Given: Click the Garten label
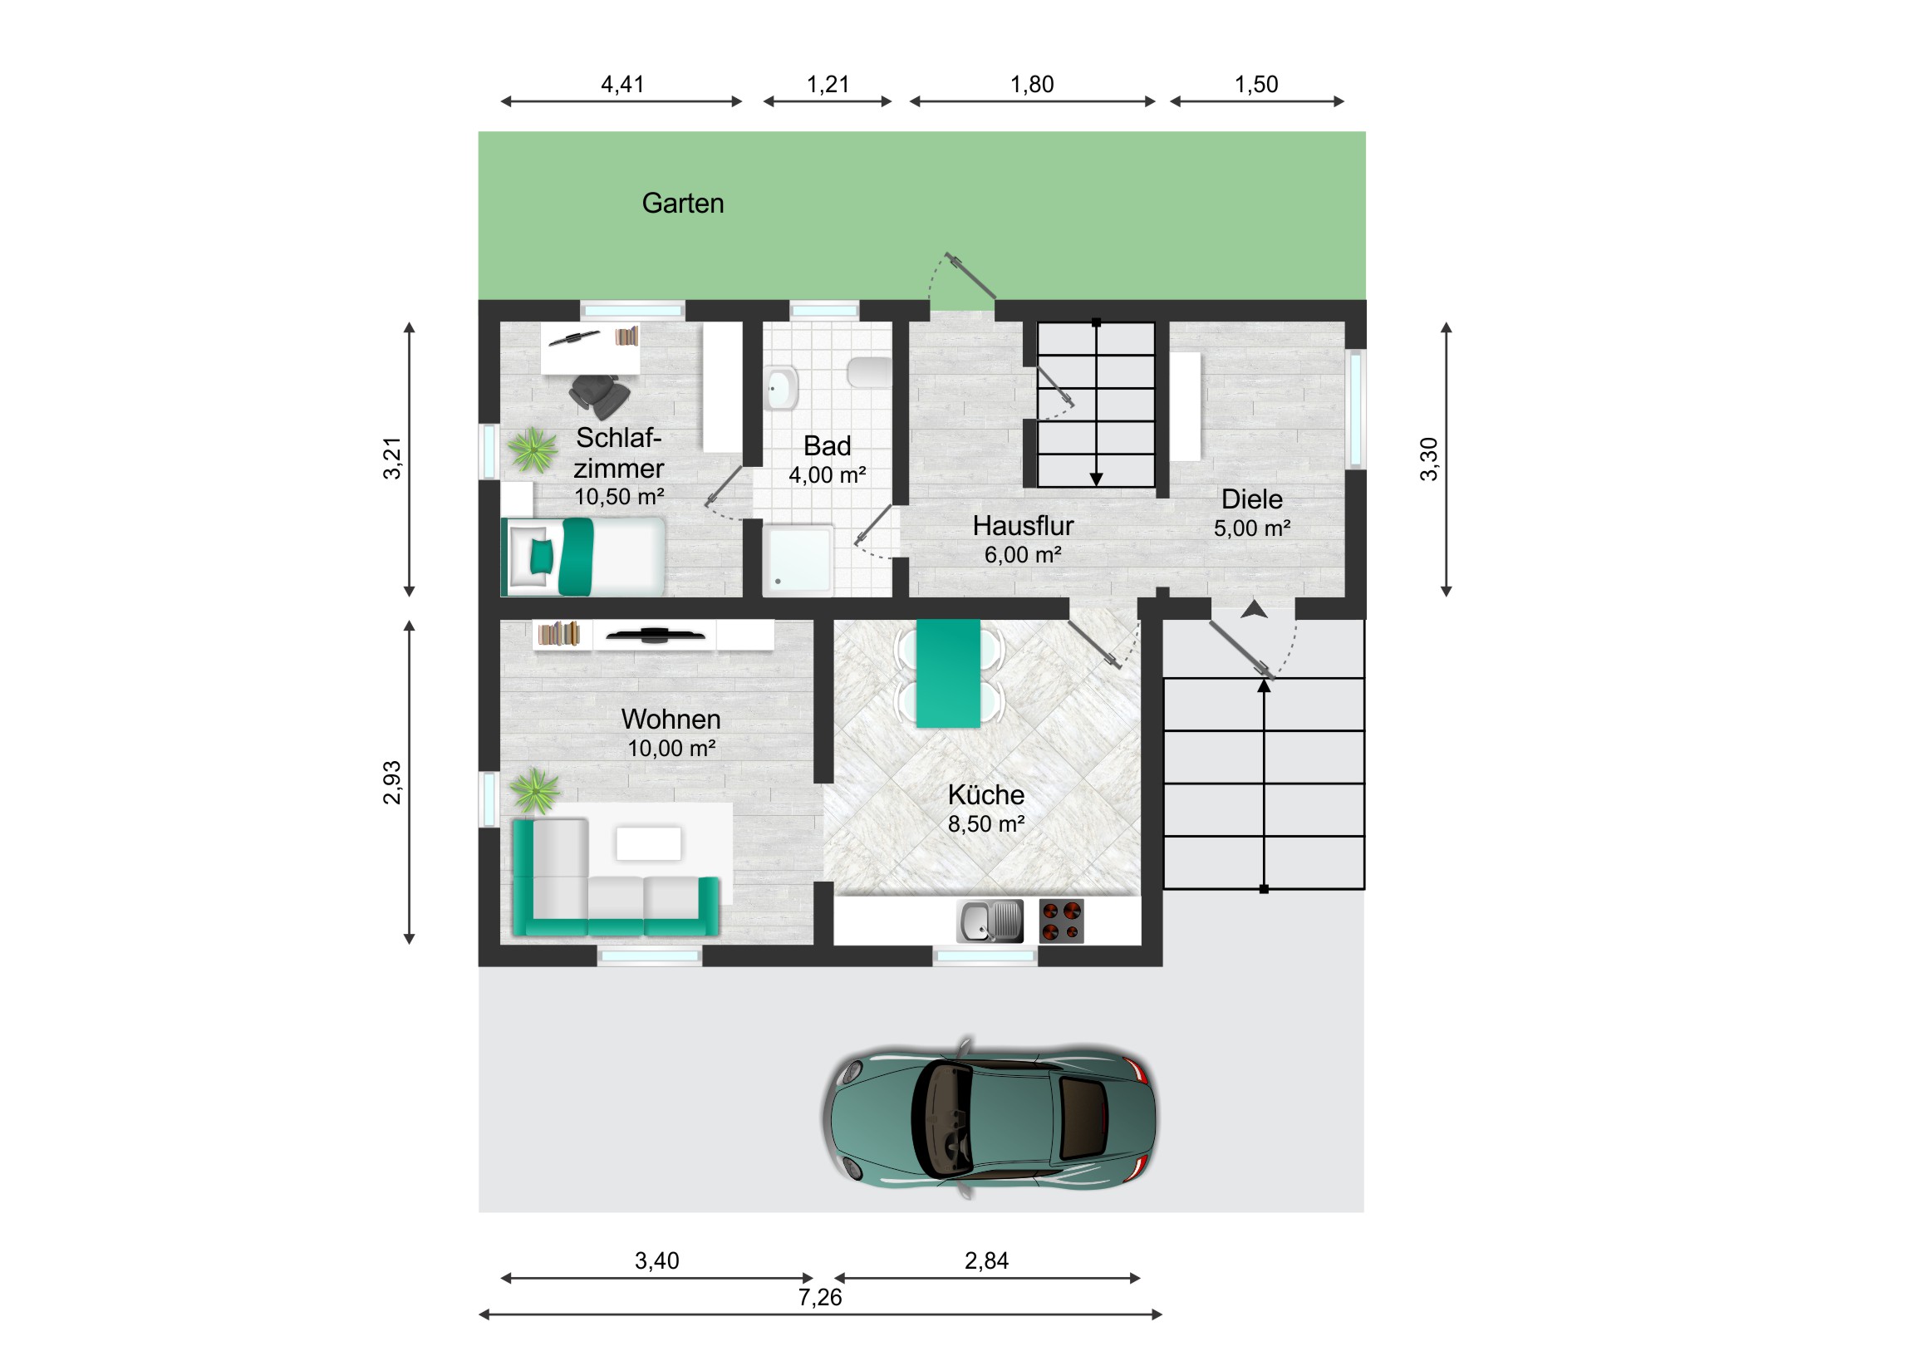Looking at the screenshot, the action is [682, 203].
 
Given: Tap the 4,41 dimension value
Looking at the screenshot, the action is [622, 84].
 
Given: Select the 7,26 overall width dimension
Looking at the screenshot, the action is [820, 1297].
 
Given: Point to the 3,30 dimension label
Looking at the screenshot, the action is [1429, 459].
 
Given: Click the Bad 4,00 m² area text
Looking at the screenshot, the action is [828, 475].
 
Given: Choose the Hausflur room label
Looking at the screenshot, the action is [1023, 526].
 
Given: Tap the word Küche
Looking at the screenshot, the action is [985, 795].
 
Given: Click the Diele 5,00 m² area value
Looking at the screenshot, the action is [1252, 528].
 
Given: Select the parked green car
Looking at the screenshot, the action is [990, 1118].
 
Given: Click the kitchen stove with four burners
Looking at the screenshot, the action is [1061, 921].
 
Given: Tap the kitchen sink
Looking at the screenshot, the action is [990, 921].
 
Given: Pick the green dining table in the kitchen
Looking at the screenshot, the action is [948, 673].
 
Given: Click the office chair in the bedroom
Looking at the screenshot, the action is [599, 396].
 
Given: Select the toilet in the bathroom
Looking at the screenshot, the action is [869, 372].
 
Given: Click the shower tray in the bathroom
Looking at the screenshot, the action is [798, 558].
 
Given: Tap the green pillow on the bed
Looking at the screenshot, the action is [541, 556].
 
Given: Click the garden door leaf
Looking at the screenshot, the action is [970, 276].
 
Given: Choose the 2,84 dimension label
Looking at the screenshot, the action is [986, 1261].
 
